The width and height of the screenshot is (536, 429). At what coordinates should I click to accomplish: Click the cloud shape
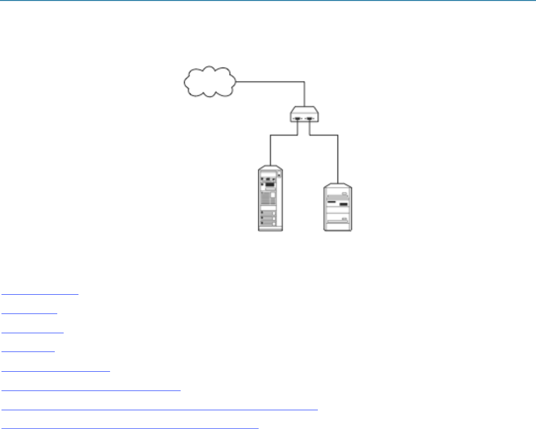tap(209, 82)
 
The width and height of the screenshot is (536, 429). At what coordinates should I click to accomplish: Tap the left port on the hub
tap(297, 119)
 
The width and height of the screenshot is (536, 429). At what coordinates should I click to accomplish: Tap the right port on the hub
tap(310, 119)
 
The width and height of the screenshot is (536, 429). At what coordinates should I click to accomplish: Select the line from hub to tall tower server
tap(270, 148)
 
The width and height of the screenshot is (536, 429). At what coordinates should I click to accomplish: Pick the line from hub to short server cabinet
tap(338, 153)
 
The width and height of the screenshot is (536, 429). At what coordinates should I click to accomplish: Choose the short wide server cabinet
tap(338, 207)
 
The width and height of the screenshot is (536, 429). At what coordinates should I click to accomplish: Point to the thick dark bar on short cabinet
tap(344, 204)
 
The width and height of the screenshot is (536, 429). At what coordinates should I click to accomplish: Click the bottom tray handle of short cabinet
tap(338, 220)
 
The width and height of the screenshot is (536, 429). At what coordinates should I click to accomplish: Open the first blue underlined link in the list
tap(40, 293)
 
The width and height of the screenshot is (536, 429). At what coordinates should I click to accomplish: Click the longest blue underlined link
tap(159, 409)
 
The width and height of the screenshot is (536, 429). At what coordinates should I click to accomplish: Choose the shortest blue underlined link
tap(28, 351)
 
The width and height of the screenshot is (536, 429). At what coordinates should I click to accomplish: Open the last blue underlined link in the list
tap(130, 427)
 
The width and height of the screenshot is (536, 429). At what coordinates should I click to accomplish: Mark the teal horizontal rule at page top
tap(268, 0)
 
